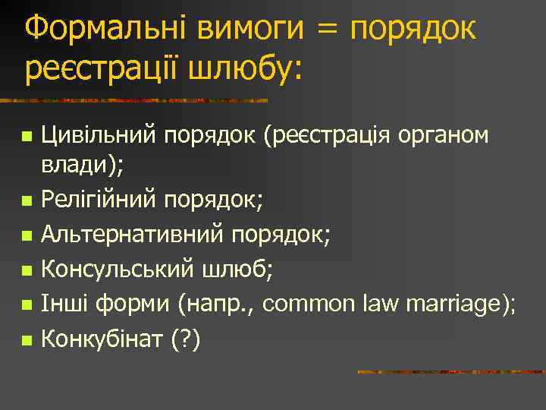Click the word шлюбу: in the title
pyautogui.click(x=253, y=70)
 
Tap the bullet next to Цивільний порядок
pyautogui.click(x=27, y=137)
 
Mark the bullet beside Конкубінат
pyautogui.click(x=27, y=339)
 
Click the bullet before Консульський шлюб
pyautogui.click(x=27, y=271)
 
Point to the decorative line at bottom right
pyautogui.click(x=451, y=372)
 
